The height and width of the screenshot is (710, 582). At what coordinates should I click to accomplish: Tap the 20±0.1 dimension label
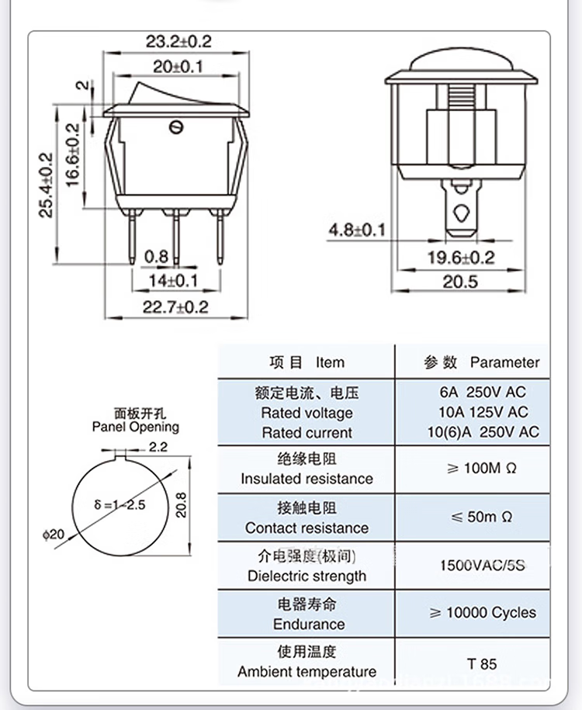tap(178, 66)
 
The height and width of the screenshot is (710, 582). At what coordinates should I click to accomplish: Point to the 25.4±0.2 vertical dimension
tap(47, 184)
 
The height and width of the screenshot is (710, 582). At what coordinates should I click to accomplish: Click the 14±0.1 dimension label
tap(174, 279)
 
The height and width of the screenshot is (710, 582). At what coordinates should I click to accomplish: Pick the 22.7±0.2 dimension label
tap(175, 307)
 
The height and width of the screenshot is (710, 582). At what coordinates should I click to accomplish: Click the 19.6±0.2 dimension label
tap(462, 258)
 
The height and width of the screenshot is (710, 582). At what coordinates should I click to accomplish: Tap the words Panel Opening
tap(135, 427)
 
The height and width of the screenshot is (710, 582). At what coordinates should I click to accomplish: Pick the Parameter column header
tap(504, 362)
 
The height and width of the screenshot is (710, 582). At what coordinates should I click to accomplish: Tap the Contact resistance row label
tap(307, 528)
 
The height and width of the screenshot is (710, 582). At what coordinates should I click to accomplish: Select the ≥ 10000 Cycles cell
tap(482, 612)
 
